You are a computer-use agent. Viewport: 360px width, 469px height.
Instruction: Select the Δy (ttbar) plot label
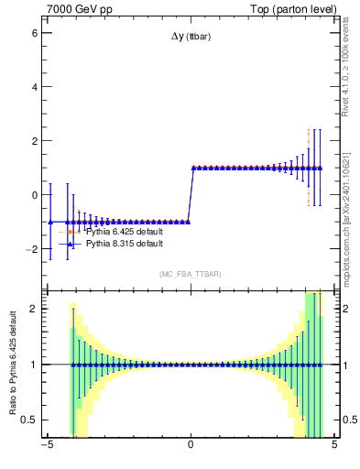pyautogui.click(x=190, y=38)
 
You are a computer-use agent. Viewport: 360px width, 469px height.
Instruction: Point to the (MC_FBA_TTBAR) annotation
pyautogui.click(x=190, y=274)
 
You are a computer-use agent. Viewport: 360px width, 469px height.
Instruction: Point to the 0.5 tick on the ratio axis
pyautogui.click(x=29, y=420)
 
